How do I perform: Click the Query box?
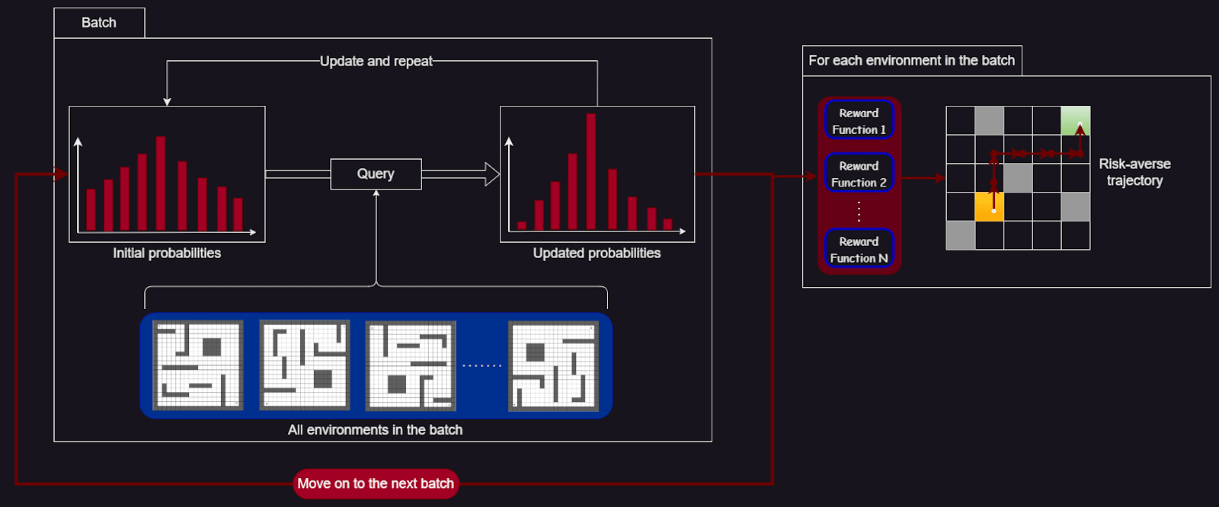click(376, 174)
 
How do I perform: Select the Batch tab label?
click(99, 23)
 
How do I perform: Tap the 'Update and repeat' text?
click(376, 61)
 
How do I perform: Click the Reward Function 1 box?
click(859, 120)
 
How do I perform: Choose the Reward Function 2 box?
click(859, 173)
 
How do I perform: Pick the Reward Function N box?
click(859, 249)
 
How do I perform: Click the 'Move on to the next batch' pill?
click(376, 483)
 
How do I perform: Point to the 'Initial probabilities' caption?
click(167, 253)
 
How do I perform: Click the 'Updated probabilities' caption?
click(597, 253)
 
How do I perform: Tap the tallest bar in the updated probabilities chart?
click(591, 171)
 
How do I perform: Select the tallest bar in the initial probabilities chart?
click(161, 183)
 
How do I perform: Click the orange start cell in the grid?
click(989, 207)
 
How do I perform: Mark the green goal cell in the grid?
click(1075, 121)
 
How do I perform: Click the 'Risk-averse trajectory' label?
click(1134, 172)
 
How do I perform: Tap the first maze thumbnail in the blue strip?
click(198, 365)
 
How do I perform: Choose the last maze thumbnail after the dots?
click(553, 366)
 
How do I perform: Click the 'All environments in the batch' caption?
click(375, 430)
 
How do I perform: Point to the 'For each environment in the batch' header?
click(911, 60)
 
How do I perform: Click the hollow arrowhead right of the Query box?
click(492, 174)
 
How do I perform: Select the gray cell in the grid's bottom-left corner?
click(961, 235)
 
